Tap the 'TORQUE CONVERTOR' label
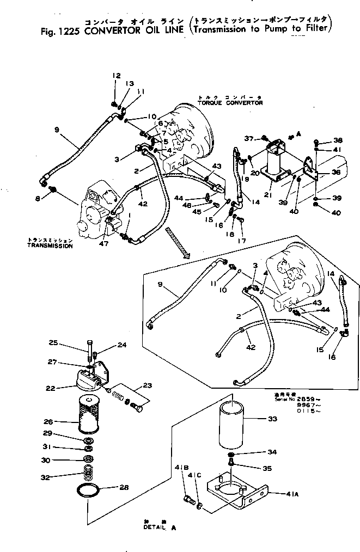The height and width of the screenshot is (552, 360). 230,102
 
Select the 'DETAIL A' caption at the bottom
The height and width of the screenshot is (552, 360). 160,528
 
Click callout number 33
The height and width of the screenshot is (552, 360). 272,419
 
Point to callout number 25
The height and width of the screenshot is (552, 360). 53,343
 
